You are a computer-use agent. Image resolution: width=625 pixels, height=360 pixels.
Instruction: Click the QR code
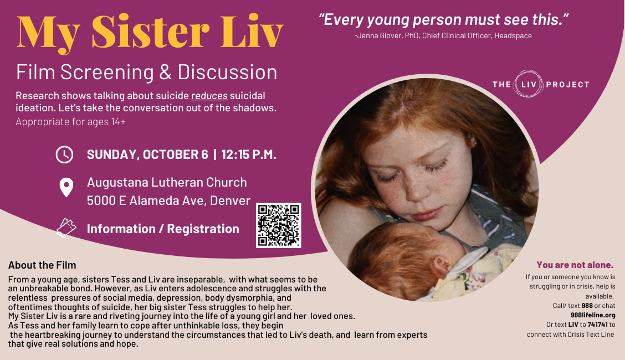(278, 225)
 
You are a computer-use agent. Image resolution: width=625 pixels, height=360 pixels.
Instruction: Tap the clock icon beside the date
(64, 155)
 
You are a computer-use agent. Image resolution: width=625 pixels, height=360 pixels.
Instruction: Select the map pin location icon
(66, 188)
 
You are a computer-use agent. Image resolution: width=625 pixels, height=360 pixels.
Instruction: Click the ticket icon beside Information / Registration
(66, 228)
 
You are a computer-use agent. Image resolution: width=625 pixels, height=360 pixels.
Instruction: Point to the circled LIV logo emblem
(528, 84)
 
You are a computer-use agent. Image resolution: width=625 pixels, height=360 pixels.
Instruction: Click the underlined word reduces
(209, 96)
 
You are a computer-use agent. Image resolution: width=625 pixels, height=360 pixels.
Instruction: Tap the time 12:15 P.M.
(249, 155)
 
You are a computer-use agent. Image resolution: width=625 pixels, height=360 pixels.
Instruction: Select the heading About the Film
(42, 265)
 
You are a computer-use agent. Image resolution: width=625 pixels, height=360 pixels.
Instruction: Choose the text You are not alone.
(575, 265)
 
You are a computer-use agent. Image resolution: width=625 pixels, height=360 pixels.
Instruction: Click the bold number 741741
(597, 325)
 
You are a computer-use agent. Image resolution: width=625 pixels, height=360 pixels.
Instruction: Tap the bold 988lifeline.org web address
(593, 315)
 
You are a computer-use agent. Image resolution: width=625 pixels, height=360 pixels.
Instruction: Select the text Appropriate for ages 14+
(70, 122)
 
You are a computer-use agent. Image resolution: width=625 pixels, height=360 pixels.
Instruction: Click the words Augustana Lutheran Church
(167, 182)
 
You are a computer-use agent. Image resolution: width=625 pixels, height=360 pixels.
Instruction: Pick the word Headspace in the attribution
(513, 36)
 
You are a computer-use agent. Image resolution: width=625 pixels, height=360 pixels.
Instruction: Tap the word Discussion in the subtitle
(227, 72)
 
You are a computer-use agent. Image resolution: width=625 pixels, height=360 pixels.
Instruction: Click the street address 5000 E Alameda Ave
(146, 200)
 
